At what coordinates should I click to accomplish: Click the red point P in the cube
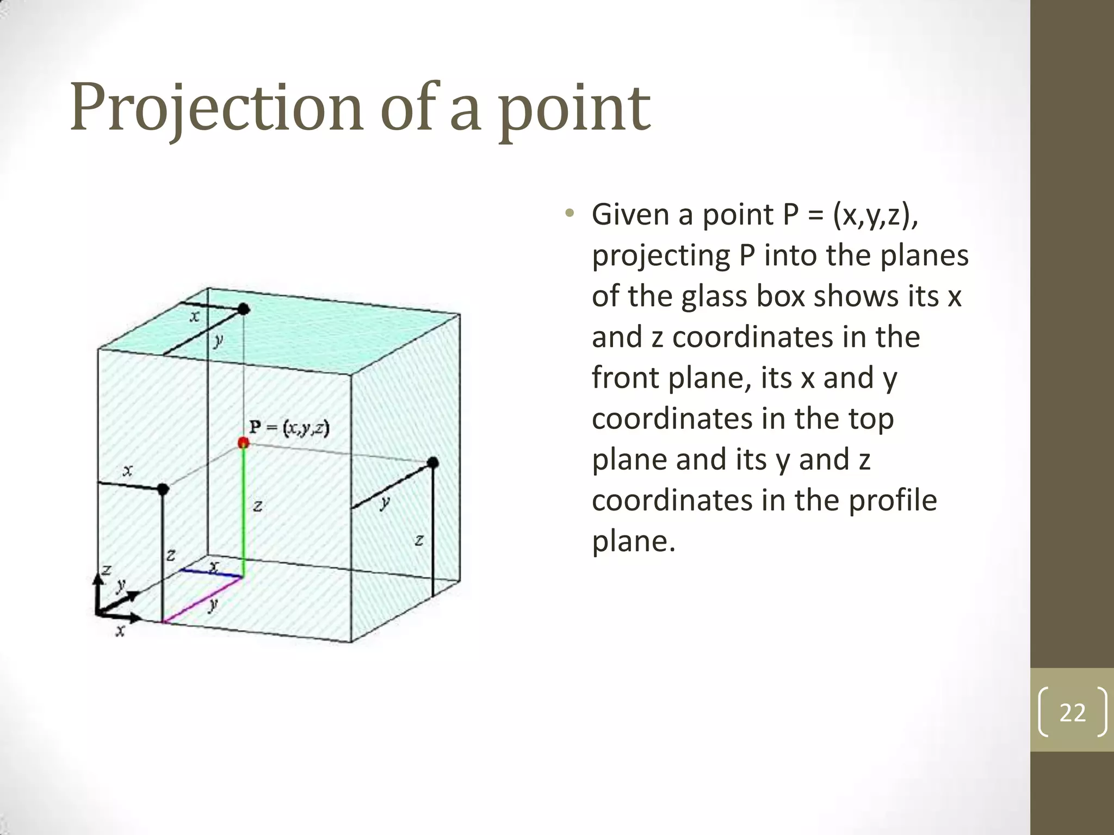[243, 443]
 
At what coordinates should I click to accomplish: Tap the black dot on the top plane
[244, 309]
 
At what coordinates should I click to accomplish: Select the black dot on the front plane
[163, 489]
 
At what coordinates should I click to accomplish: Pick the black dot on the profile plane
[433, 463]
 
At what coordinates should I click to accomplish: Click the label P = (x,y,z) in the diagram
[289, 428]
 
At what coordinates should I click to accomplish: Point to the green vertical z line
[243, 511]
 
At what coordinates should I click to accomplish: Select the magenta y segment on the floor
[202, 600]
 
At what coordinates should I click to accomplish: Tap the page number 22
[1072, 712]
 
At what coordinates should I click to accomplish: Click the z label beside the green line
[258, 507]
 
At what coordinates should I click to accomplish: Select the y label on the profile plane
[385, 502]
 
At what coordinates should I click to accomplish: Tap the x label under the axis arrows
[120, 631]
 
